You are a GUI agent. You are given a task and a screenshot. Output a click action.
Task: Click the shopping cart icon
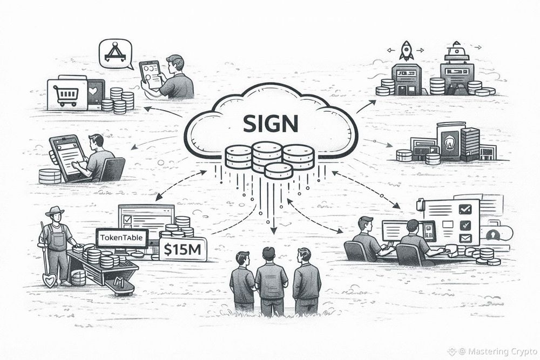tap(67, 94)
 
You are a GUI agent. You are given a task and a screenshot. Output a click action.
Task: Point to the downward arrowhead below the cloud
tap(274, 230)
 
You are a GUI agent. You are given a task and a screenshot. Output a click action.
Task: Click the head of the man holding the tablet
tap(174, 64)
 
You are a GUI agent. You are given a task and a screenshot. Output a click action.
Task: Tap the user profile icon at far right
tap(492, 235)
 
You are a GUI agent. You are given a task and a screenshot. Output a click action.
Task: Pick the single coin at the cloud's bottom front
tap(278, 171)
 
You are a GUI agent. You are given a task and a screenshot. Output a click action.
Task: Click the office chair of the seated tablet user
tap(112, 169)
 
